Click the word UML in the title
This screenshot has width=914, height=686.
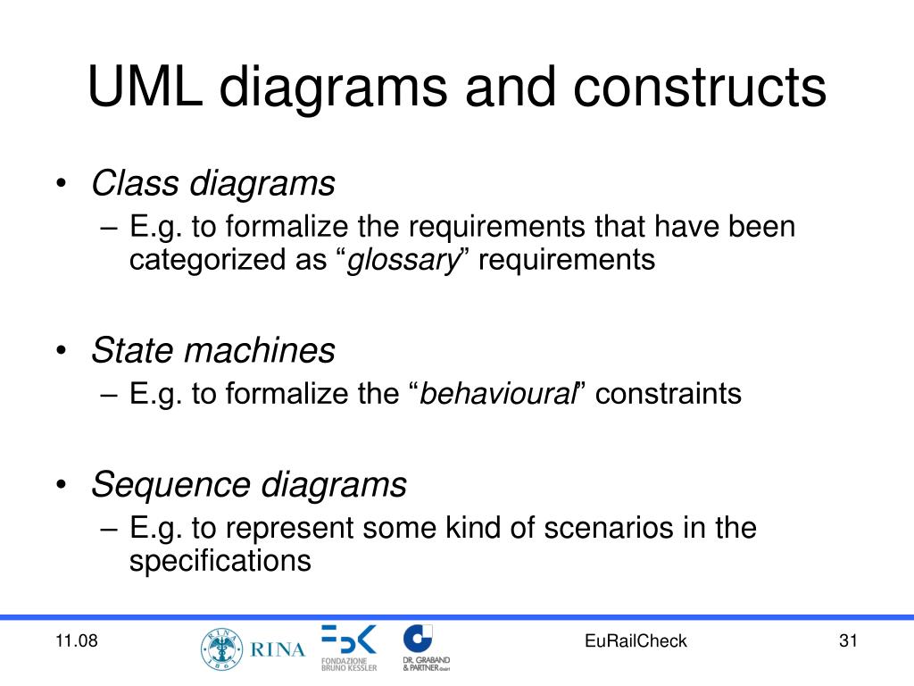[x=145, y=88]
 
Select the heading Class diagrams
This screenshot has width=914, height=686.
[x=213, y=184]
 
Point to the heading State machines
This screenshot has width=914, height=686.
[x=213, y=350]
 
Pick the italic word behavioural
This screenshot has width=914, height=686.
[x=498, y=393]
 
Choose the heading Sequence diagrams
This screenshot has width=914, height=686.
[x=249, y=485]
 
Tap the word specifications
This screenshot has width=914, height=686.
[x=220, y=561]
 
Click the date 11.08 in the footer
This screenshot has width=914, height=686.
[x=76, y=641]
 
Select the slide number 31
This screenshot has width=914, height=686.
[x=848, y=641]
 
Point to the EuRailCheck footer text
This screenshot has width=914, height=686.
[x=636, y=641]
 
